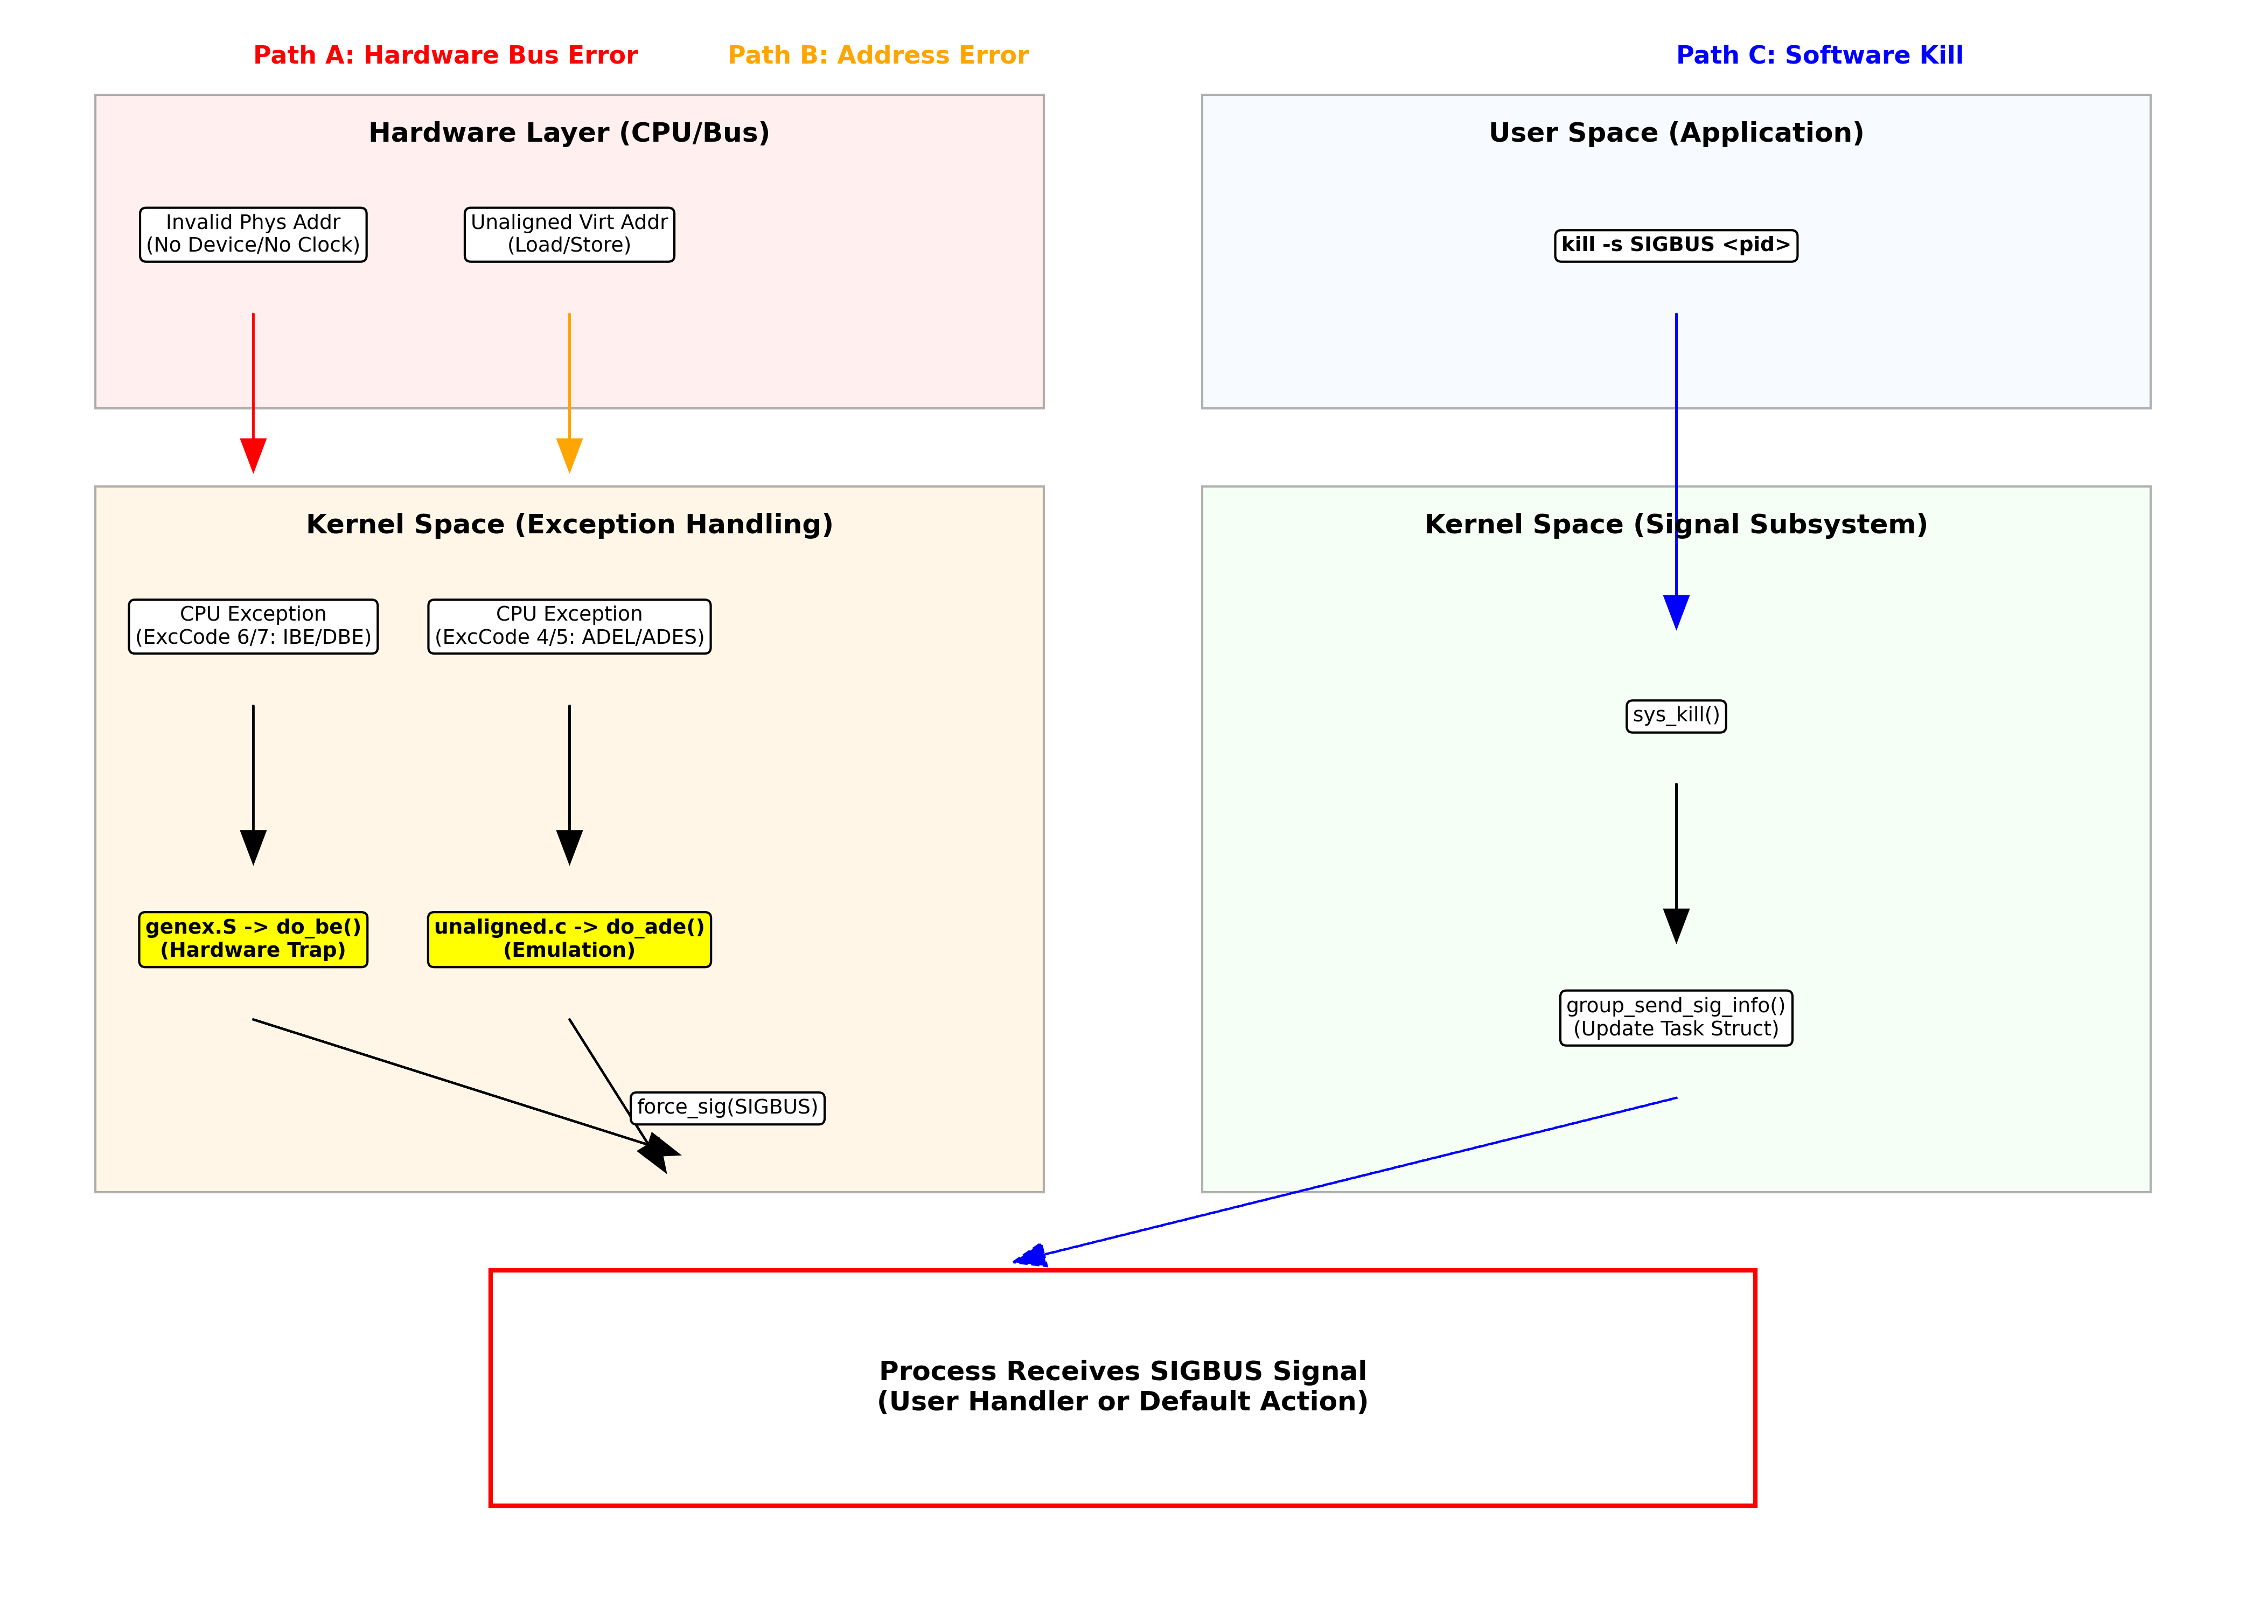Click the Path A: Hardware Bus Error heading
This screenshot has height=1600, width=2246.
pos(445,55)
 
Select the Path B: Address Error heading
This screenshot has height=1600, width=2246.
pos(878,55)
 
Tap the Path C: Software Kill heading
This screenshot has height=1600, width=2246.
pos(1818,55)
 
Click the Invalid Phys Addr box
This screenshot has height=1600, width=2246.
pos(253,234)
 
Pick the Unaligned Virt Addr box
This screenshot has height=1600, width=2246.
pos(569,234)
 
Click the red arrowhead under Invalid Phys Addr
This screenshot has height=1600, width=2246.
pos(253,455)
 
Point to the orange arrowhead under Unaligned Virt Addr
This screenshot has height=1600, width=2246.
pos(569,455)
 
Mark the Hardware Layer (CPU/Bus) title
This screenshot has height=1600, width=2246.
pos(569,133)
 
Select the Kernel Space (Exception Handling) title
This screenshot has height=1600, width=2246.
pos(569,524)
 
